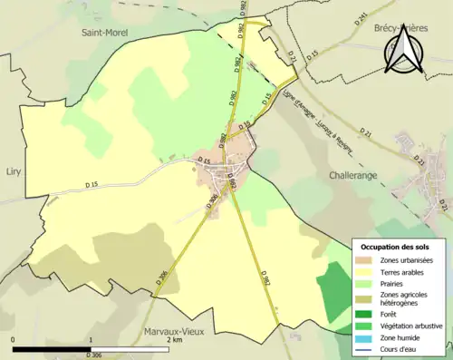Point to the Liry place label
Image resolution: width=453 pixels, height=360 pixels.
13,170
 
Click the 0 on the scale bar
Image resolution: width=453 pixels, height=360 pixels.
13,340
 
